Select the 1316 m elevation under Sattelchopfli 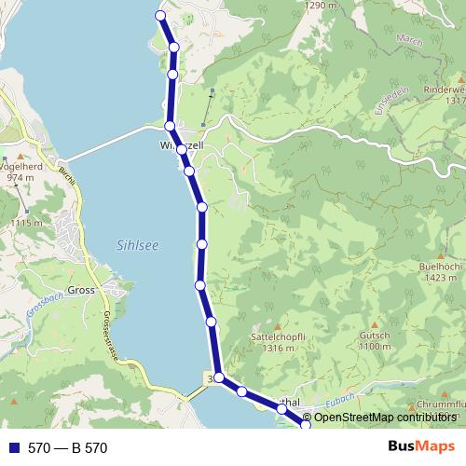point(272,348)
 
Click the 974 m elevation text point(20,177)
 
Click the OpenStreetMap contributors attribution point(383,418)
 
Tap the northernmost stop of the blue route point(160,16)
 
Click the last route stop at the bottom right point(305,425)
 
